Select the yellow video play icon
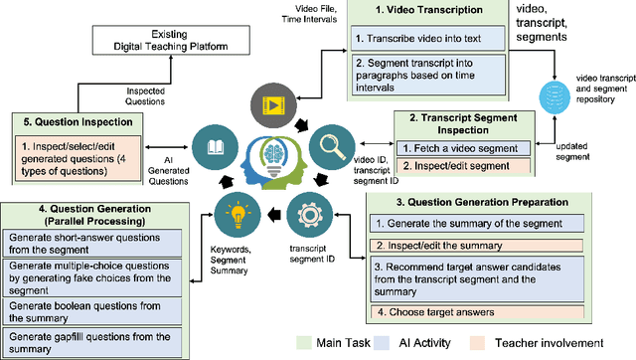tap(271, 106)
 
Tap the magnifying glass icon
tap(331, 143)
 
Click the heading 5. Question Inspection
tap(78, 121)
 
